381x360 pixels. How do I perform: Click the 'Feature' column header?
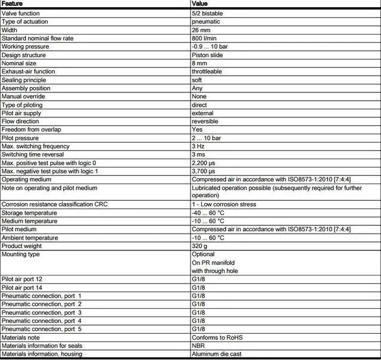13,4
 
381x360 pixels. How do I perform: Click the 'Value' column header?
199,4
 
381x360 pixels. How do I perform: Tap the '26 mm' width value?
201,30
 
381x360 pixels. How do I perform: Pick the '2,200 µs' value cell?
204,163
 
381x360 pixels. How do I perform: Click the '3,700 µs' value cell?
204,171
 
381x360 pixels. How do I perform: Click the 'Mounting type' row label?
21,255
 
